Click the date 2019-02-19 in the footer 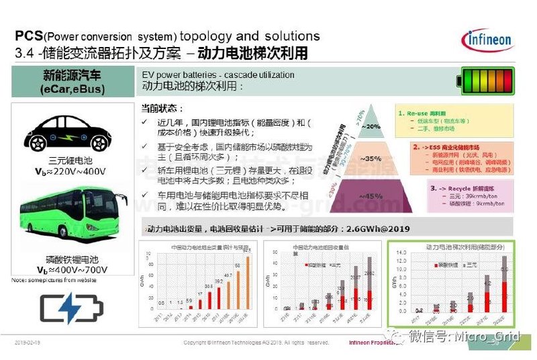coord(27,343)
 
